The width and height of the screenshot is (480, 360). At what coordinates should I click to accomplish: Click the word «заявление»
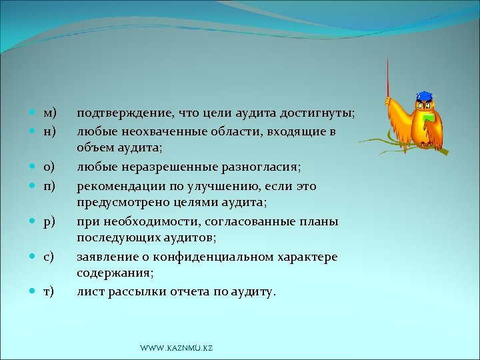[x=106, y=256]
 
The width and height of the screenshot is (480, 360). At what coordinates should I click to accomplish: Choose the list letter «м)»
[x=50, y=114]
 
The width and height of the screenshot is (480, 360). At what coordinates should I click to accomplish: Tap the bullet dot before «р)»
[x=33, y=221]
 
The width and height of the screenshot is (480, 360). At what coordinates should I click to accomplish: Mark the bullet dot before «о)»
[x=33, y=167]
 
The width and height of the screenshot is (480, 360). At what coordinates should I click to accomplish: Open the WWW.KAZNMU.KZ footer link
[x=176, y=349]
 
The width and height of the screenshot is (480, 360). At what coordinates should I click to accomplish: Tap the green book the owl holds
[x=429, y=119]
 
